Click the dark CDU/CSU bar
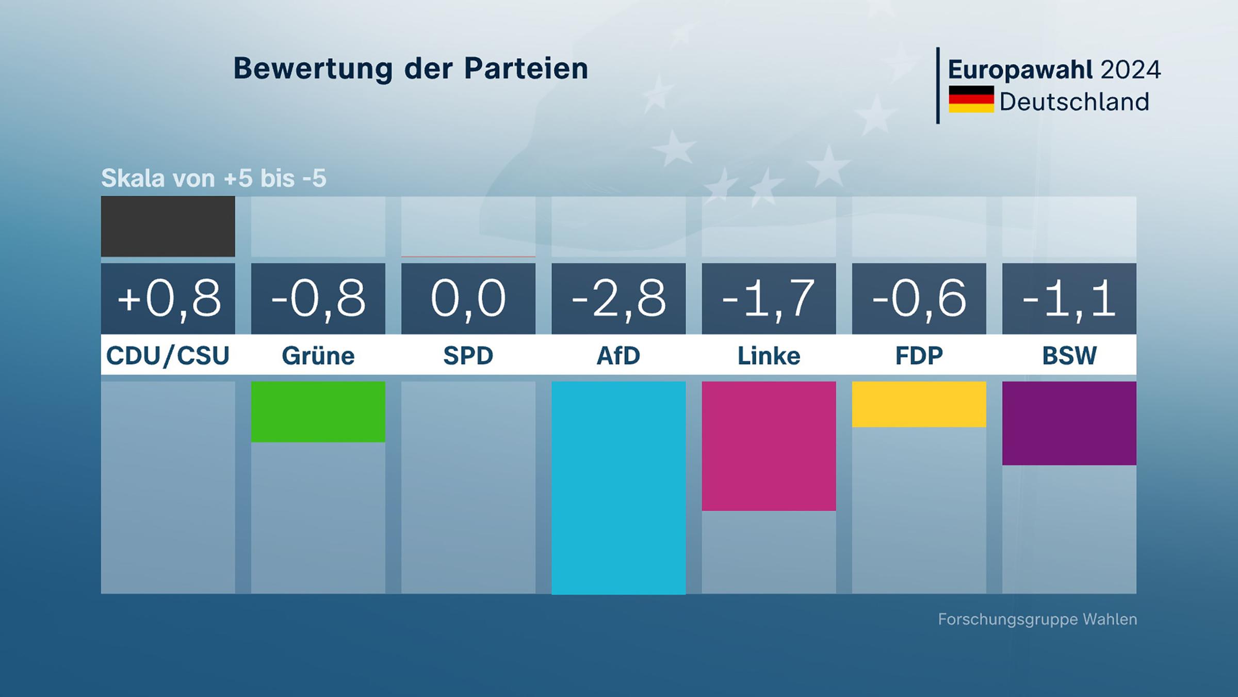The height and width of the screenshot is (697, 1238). (168, 226)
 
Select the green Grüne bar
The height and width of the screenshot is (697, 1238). (318, 411)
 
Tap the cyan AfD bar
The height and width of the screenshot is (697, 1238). (618, 487)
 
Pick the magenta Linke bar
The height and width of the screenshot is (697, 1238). (769, 446)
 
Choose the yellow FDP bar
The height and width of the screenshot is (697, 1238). (919, 404)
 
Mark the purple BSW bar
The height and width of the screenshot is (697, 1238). (1069, 423)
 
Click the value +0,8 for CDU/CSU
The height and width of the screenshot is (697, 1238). (168, 298)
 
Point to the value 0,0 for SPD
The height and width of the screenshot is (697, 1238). (468, 298)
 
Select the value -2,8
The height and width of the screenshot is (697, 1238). (618, 298)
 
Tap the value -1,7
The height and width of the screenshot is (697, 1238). (769, 298)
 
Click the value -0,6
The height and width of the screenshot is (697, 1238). (919, 298)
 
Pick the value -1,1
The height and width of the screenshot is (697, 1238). (1069, 298)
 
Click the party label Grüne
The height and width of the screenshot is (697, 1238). (318, 356)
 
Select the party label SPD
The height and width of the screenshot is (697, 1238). (468, 356)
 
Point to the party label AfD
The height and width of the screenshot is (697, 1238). (618, 356)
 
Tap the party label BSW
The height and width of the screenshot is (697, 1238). (1069, 356)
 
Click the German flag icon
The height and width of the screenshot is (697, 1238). (971, 99)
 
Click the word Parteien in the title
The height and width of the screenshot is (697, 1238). (526, 69)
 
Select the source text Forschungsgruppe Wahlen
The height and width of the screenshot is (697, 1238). (1037, 619)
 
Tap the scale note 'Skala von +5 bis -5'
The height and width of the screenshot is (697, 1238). (214, 178)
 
